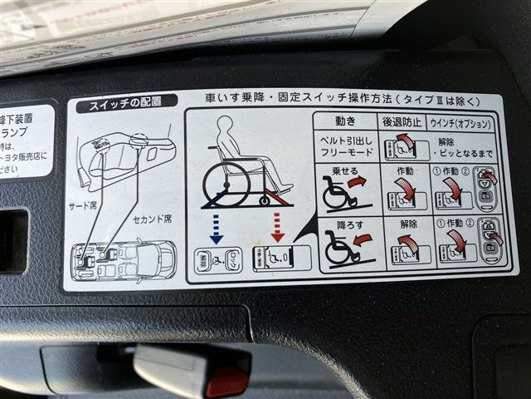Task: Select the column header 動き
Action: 344,121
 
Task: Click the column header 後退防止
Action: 404,122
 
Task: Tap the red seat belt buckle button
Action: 226,381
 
